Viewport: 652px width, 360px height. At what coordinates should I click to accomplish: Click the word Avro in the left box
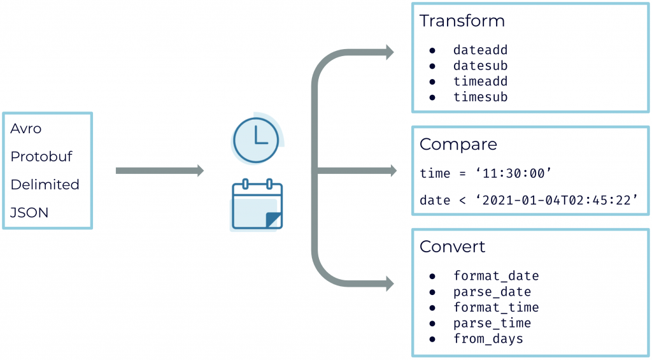pyautogui.click(x=26, y=129)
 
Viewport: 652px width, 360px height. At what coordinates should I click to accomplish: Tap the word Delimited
pyautogui.click(x=45, y=185)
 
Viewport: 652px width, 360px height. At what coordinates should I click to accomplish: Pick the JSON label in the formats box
pyautogui.click(x=29, y=213)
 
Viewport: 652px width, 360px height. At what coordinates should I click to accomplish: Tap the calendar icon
pyautogui.click(x=257, y=205)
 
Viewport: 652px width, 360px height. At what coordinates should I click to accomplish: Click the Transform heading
pyautogui.click(x=462, y=21)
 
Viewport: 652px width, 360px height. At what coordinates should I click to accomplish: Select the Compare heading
pyautogui.click(x=458, y=145)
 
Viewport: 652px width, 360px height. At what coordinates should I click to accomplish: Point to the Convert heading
pyautogui.click(x=452, y=247)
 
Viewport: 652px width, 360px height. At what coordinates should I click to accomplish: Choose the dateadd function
pyautogui.click(x=480, y=50)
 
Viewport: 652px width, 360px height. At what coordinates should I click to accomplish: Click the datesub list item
pyautogui.click(x=480, y=66)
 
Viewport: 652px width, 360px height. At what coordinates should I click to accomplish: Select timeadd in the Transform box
pyautogui.click(x=480, y=82)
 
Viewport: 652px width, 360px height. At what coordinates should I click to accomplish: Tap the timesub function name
pyautogui.click(x=480, y=97)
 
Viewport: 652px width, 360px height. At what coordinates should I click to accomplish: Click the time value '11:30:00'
pyautogui.click(x=512, y=173)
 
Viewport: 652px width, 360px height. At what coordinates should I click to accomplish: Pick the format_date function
pyautogui.click(x=496, y=277)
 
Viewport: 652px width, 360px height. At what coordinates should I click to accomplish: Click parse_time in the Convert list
pyautogui.click(x=492, y=324)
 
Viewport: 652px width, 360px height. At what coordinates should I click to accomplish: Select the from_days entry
pyautogui.click(x=488, y=339)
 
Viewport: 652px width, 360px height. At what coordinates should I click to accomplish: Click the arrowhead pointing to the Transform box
pyautogui.click(x=388, y=52)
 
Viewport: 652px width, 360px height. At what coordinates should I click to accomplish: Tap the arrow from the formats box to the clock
pyautogui.click(x=159, y=171)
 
